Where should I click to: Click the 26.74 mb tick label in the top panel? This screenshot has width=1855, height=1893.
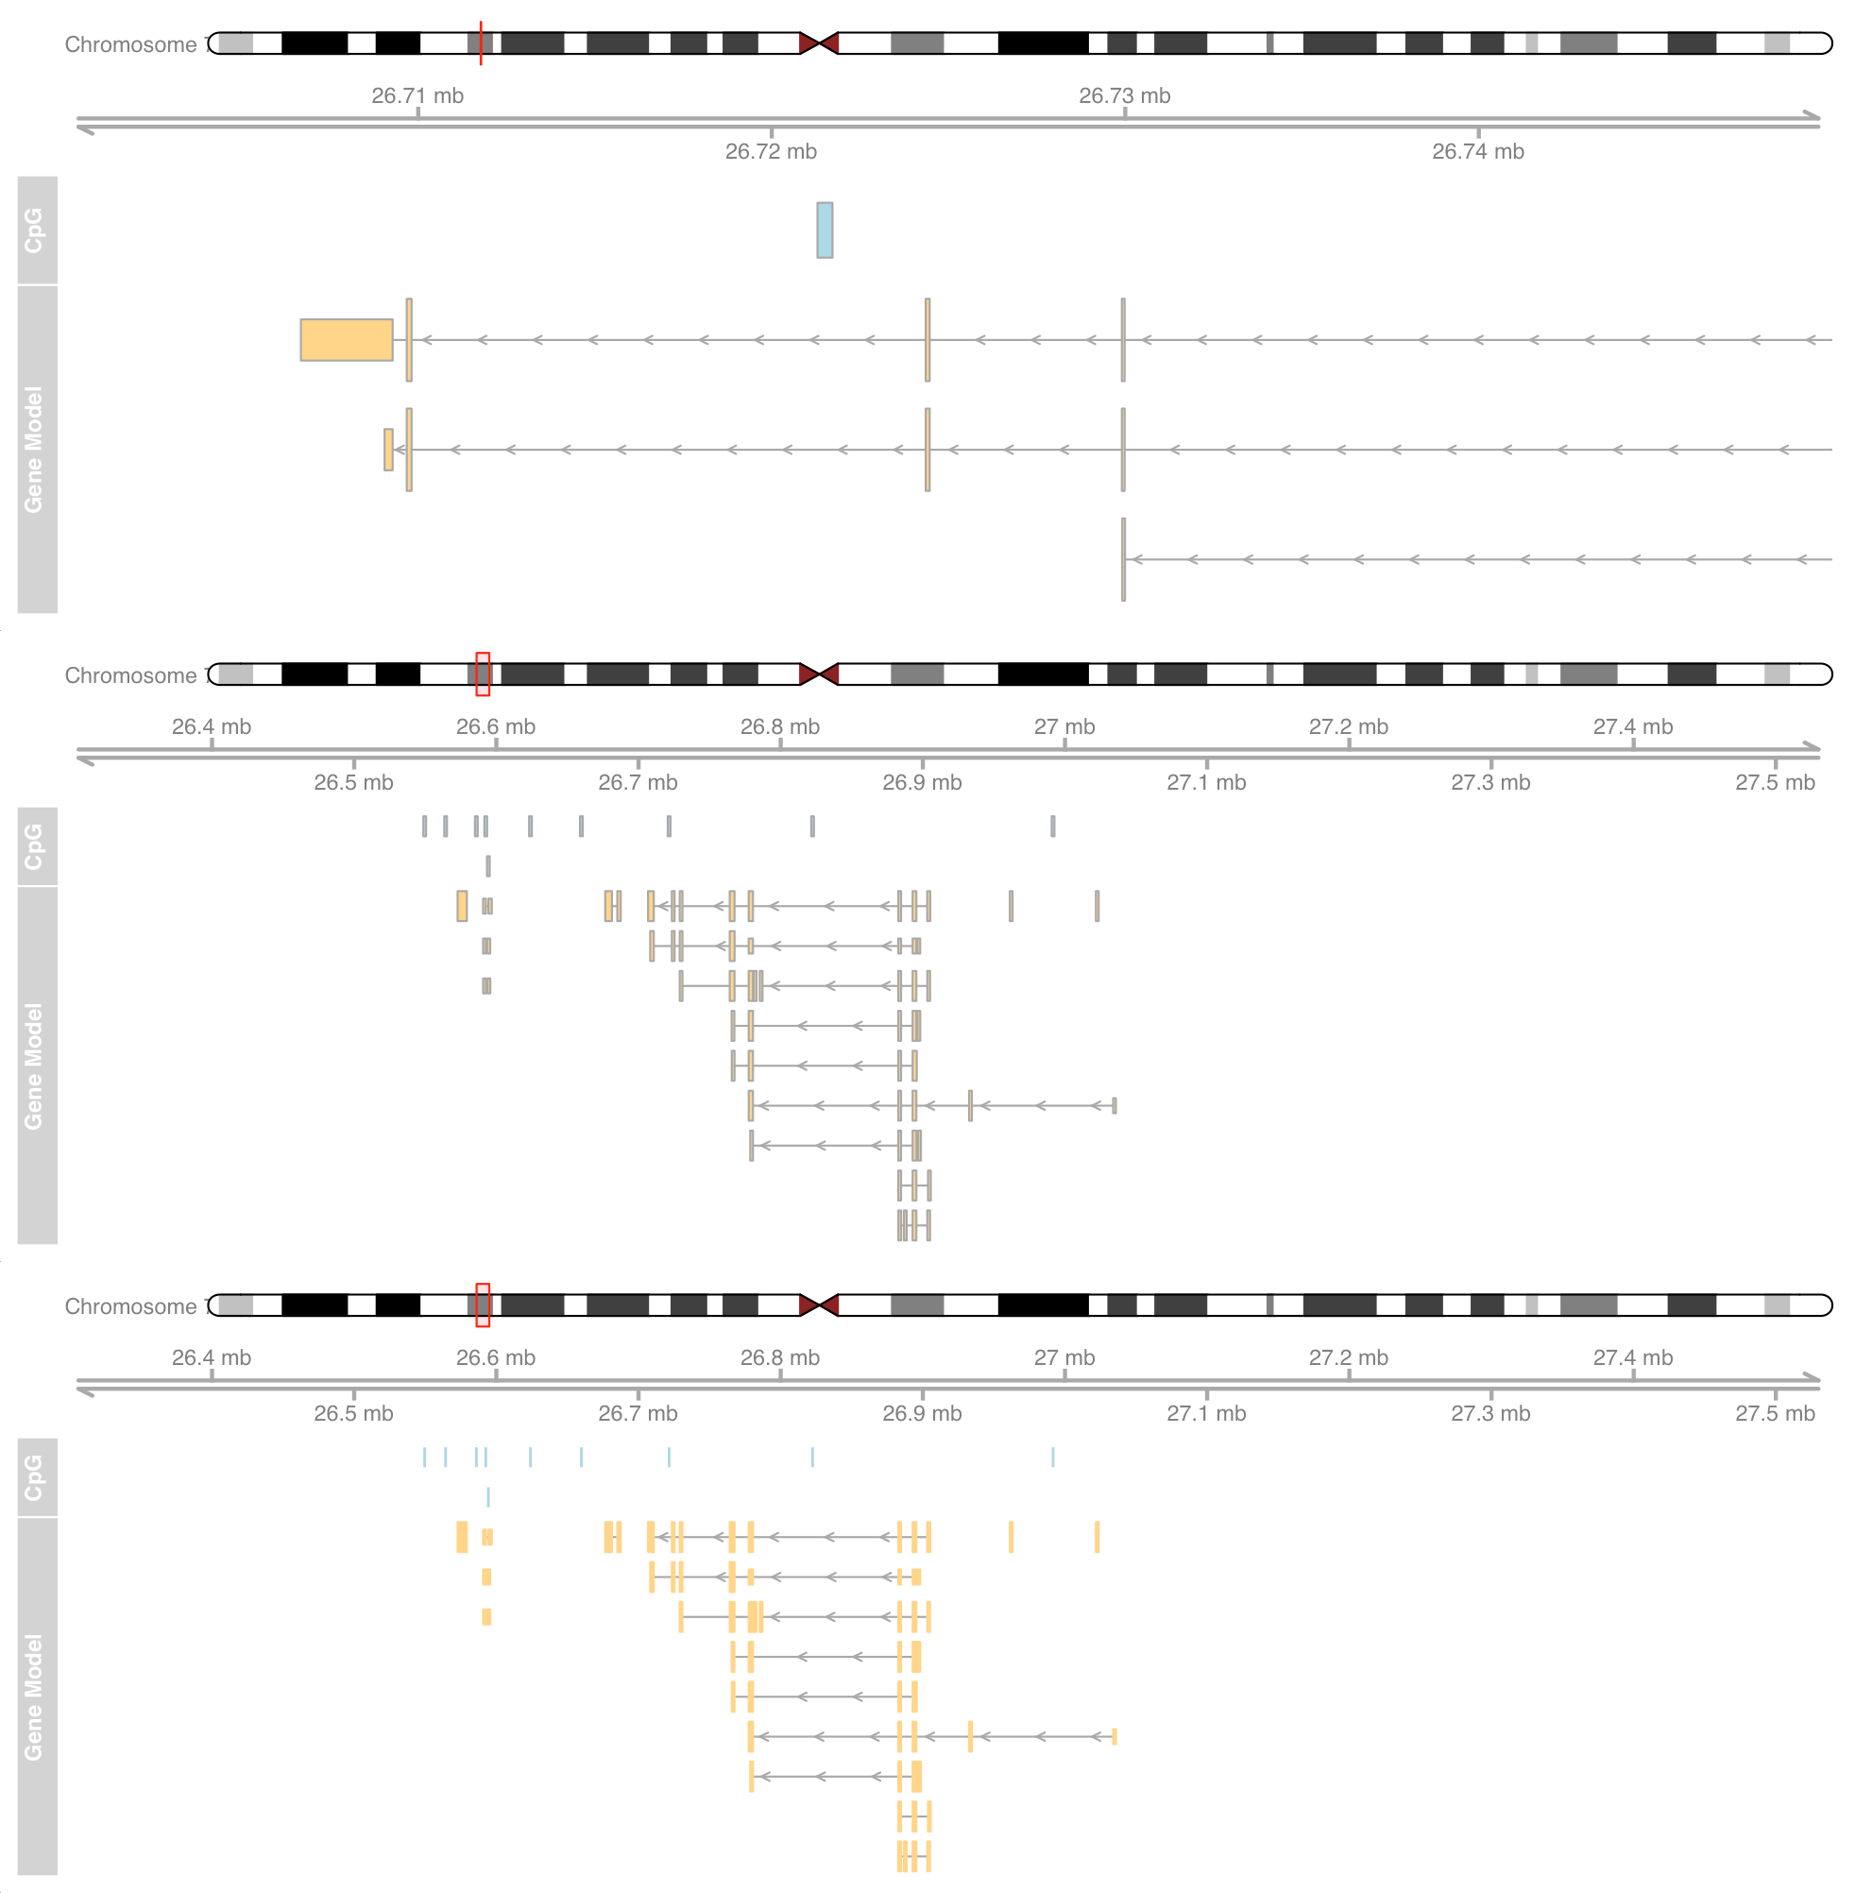1477,151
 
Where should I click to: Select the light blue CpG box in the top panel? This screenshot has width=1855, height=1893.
825,230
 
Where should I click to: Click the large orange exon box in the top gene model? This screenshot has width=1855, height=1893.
346,340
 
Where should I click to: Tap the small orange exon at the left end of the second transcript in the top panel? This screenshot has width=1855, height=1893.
388,449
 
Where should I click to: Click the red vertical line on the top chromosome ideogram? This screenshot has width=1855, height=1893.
481,43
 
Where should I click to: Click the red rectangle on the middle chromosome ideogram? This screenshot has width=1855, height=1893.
483,674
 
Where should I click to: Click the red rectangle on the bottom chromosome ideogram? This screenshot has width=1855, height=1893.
483,1305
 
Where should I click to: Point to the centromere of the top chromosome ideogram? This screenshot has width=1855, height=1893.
818,43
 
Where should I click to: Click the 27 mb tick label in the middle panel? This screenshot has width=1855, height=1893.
1064,726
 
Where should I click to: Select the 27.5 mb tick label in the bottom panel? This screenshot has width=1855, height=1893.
1774,1413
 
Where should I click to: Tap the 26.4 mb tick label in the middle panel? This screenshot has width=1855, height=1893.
212,726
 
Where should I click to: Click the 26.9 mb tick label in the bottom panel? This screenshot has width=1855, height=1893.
922,1413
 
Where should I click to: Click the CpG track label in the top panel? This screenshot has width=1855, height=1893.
35,230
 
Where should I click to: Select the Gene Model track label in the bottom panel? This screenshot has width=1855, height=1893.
35,1697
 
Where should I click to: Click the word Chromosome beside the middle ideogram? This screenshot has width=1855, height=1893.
130,675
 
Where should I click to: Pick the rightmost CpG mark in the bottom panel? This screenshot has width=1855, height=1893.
1052,1457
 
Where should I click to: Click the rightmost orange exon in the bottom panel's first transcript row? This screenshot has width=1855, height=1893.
1096,1537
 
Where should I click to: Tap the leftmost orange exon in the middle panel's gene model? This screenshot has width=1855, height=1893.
462,906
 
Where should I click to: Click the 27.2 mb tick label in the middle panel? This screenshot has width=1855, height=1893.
1348,726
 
